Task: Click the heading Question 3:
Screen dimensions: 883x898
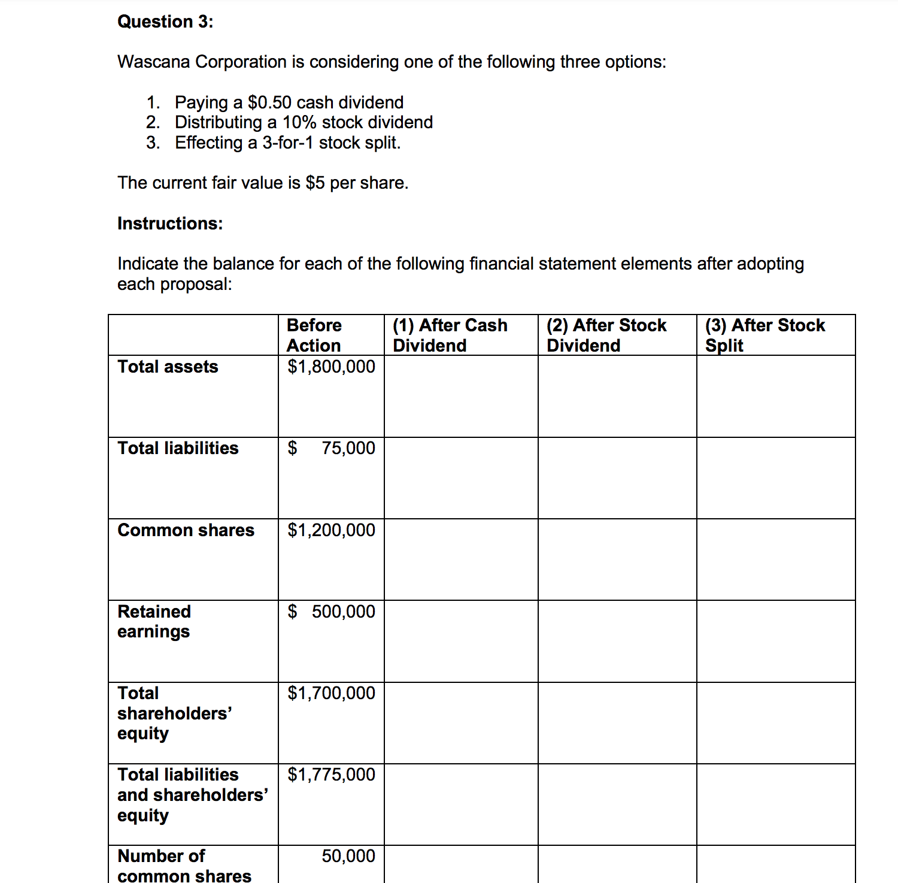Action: tap(165, 22)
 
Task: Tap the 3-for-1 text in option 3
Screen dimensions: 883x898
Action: tap(288, 143)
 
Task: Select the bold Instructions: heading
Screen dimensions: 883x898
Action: tap(170, 223)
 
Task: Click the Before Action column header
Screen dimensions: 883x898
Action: tap(314, 335)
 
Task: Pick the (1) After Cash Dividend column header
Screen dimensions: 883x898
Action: tap(450, 335)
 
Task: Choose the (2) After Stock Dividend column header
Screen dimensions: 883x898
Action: tap(606, 335)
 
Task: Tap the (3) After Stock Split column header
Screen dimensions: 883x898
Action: tap(764, 335)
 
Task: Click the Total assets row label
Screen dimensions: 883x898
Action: tap(168, 367)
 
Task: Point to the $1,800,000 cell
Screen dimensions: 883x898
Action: tap(331, 367)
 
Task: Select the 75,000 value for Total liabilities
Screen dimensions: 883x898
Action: tap(348, 448)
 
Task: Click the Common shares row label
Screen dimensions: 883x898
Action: tap(186, 530)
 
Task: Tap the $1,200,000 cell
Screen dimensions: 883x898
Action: tap(331, 530)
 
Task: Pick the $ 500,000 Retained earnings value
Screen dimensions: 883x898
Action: tap(331, 612)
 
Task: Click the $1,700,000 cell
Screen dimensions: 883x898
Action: tap(331, 693)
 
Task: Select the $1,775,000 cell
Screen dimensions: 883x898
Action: tap(331, 775)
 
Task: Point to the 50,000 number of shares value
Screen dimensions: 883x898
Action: tap(348, 856)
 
